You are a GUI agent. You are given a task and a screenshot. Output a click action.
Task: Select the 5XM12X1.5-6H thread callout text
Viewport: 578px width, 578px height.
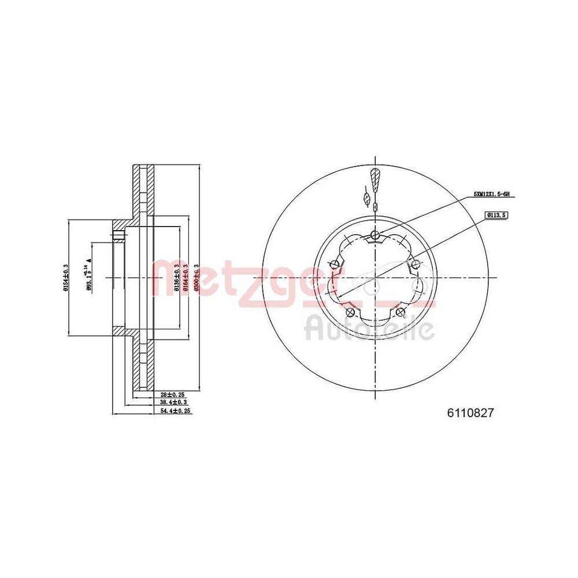click(x=492, y=195)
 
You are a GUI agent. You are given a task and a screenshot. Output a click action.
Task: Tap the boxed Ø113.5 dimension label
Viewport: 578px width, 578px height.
click(x=497, y=214)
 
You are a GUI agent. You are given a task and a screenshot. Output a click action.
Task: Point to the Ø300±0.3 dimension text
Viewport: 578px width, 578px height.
click(x=196, y=277)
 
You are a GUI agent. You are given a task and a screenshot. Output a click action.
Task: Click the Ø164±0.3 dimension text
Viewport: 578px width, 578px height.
click(x=186, y=277)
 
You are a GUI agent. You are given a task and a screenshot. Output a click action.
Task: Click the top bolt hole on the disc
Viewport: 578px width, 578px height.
click(x=376, y=234)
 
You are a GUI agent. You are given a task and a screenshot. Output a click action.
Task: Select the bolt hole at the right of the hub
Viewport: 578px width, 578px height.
click(x=416, y=265)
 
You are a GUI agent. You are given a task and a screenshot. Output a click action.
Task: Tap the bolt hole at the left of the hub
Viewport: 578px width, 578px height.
click(x=335, y=265)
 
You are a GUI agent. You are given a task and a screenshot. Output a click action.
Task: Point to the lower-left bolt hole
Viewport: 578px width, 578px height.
click(x=350, y=312)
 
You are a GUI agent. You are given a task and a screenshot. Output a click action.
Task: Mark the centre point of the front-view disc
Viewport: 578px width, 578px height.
click(x=376, y=278)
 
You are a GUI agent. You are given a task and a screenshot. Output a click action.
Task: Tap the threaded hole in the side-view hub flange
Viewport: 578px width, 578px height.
click(x=119, y=235)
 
